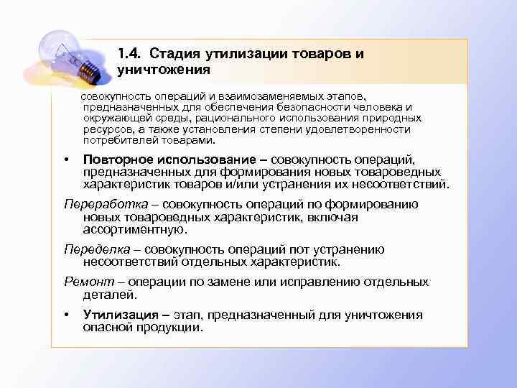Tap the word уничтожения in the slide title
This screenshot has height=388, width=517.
(x=163, y=70)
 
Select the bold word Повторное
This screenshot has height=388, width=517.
(x=120, y=160)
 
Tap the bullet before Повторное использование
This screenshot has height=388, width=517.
(x=66, y=160)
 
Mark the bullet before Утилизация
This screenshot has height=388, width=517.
(x=66, y=315)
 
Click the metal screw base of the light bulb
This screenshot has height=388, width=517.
(x=88, y=68)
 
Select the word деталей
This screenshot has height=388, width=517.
(x=109, y=295)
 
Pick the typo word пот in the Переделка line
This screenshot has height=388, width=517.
(x=283, y=249)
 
